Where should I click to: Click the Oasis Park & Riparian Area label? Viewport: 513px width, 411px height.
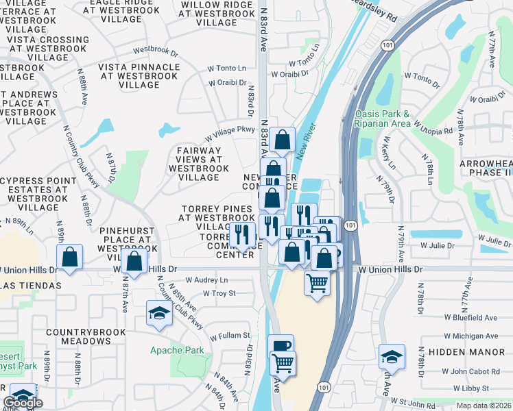(383, 119)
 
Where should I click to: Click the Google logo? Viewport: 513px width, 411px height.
(23, 403)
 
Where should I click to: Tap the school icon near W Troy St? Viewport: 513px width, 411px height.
(159, 313)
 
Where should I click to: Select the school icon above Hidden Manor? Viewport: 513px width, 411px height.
(392, 356)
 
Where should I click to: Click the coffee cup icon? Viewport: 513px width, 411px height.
(281, 346)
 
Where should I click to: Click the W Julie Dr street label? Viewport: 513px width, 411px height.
(433, 245)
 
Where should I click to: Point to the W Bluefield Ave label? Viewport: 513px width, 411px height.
(470, 318)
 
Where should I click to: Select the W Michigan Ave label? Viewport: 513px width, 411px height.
(470, 336)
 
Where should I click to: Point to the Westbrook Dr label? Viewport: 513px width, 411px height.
(155, 51)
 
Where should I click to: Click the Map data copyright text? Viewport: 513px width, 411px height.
(484, 406)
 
